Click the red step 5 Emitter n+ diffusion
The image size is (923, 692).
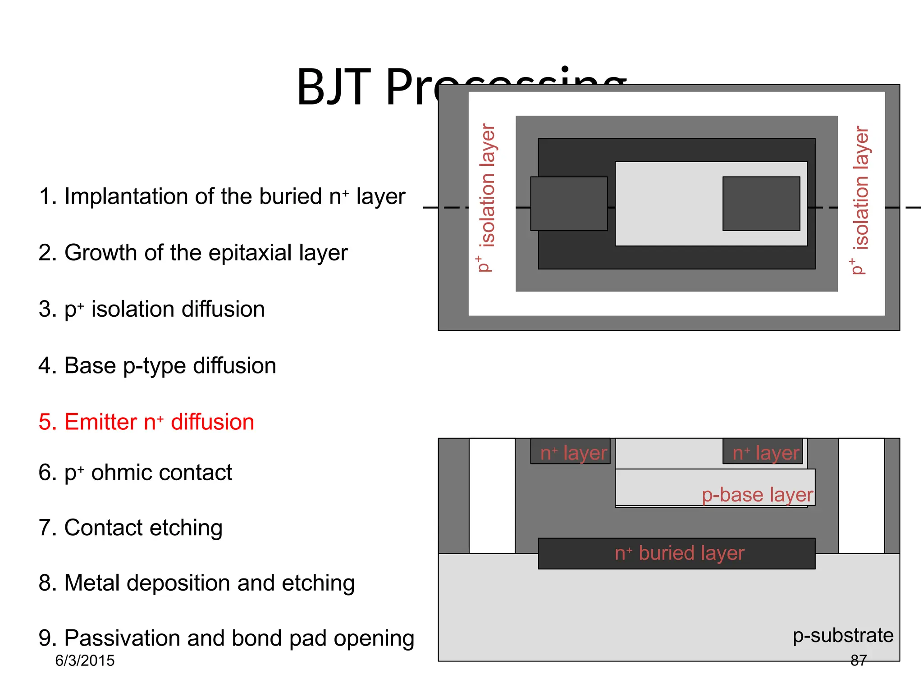point(146,422)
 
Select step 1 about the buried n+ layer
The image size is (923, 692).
point(222,196)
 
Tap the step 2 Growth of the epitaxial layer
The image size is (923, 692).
point(193,253)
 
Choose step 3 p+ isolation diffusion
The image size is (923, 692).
point(151,310)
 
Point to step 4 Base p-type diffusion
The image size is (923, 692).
point(157,365)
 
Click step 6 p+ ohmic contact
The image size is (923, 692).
point(135,473)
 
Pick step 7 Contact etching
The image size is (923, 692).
point(130,528)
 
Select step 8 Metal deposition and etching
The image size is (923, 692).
point(196,583)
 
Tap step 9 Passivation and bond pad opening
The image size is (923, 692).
point(226,638)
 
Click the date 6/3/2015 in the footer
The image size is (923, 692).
point(85,660)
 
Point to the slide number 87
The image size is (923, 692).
point(858,660)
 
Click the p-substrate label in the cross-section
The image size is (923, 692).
point(843,635)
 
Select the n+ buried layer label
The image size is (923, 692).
point(679,553)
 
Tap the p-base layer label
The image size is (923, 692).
point(757,495)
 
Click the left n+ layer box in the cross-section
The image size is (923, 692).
point(570,452)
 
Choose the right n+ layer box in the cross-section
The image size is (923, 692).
point(763,452)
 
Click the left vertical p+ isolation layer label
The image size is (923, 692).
point(486,198)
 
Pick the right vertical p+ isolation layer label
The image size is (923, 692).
point(860,200)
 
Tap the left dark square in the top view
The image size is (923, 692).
point(569,204)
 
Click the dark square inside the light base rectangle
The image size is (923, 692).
point(761,204)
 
